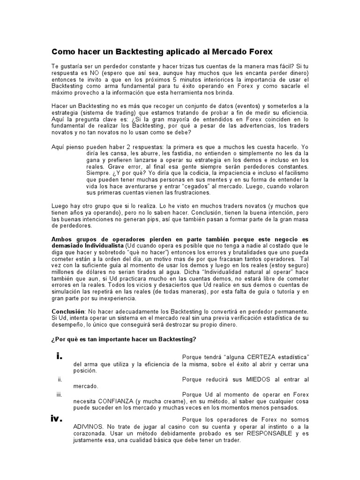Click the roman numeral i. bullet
click(59, 356)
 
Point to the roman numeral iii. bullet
click(59, 395)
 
